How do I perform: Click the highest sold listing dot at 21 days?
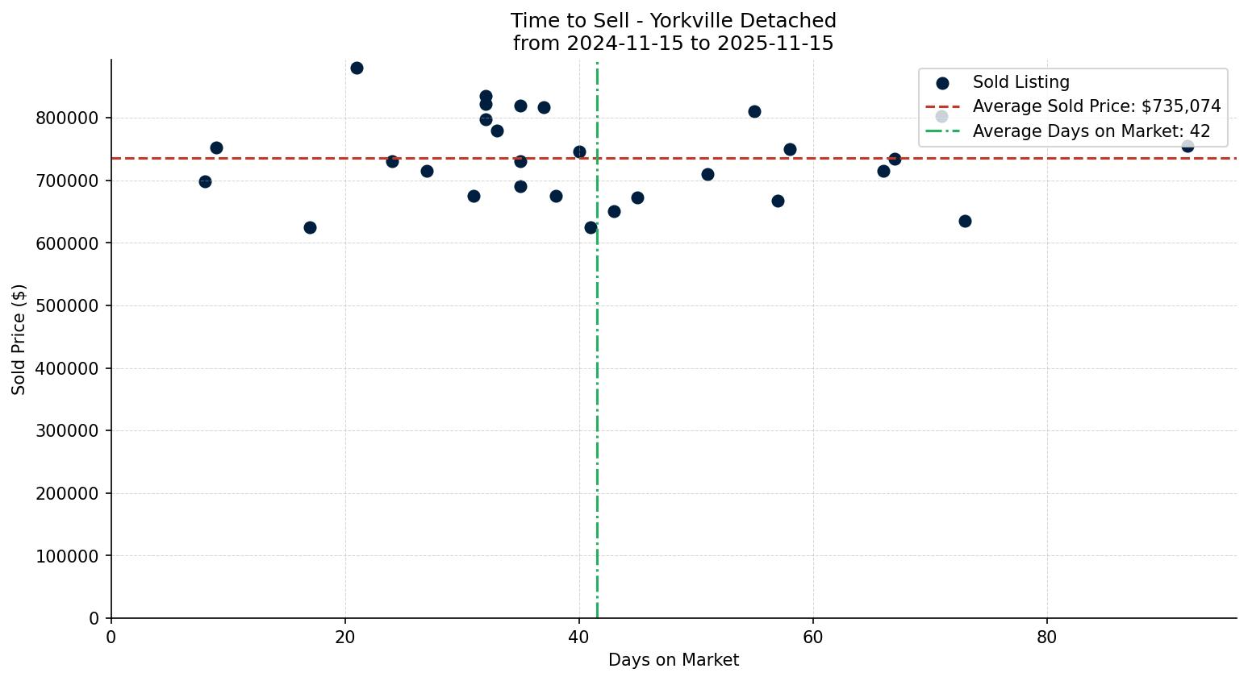pos(357,68)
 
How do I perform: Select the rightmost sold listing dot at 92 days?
pos(1187,146)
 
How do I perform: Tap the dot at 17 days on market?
pos(310,227)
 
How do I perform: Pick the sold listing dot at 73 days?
pos(965,221)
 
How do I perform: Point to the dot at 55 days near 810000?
pos(754,111)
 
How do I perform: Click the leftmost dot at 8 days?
pos(205,181)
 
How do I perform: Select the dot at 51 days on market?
pos(707,174)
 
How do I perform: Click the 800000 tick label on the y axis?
pos(67,118)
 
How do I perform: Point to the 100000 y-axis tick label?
pos(67,556)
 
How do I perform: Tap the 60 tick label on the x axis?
pos(812,637)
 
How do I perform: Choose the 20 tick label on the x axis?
pos(345,637)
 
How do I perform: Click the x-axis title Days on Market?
pos(674,660)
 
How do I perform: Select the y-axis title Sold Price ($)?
pos(19,338)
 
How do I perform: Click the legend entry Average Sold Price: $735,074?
pos(1096,106)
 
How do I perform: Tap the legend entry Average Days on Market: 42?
pos(1091,131)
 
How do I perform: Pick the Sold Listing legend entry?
pos(1021,82)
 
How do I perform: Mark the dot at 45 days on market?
pos(637,197)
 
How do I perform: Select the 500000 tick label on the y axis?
pos(67,306)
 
